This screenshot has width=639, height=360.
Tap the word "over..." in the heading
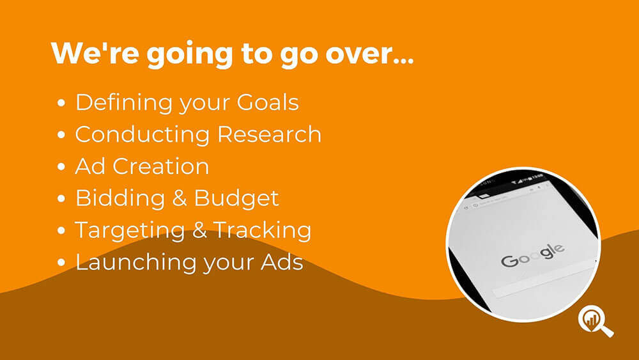coord(369,54)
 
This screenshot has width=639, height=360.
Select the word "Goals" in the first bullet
coord(268,102)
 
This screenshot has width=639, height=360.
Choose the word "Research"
coord(270,134)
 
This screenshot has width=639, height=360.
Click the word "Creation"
coord(160,166)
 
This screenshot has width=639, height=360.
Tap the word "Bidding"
coord(120,199)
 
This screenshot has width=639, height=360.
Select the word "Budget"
coord(236,199)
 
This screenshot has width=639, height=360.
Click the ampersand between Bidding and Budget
coord(180,199)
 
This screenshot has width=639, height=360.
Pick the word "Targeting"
coord(130,231)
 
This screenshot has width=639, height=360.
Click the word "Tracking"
coord(262,230)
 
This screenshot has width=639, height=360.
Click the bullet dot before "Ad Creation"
coord(61,167)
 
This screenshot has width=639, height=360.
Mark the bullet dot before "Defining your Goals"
coord(61,103)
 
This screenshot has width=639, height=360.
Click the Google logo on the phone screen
coord(533,255)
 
